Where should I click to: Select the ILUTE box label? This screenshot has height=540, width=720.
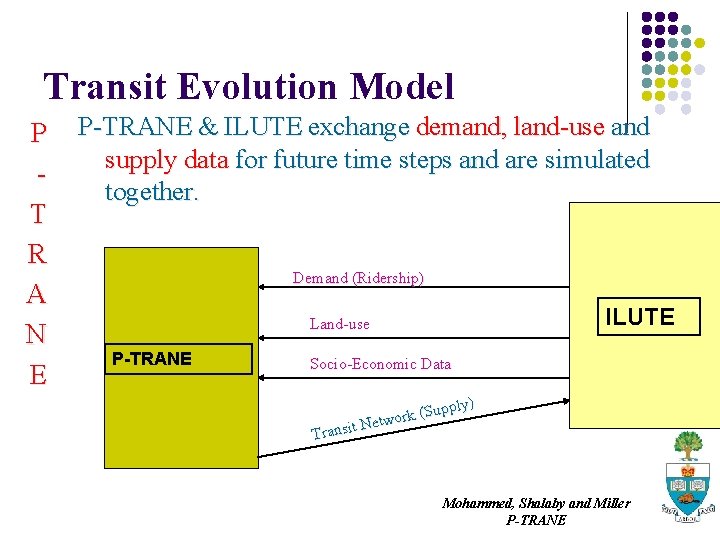pos(639,317)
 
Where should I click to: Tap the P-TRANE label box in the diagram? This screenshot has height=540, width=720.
pos(152,359)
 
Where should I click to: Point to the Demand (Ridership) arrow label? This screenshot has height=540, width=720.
pos(358,278)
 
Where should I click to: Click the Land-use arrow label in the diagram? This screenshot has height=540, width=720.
pos(339,324)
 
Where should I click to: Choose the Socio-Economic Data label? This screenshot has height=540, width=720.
pos(380,364)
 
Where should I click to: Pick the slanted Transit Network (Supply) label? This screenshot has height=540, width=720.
pos(391,418)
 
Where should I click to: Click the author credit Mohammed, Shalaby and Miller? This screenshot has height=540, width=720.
pos(536,503)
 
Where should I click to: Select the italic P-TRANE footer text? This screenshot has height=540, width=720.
pos(536,520)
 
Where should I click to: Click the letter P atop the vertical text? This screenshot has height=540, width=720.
pos(38,132)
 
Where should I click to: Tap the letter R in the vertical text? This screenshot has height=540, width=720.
pos(37,254)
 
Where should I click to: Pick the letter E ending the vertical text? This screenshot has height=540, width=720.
pos(38,375)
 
